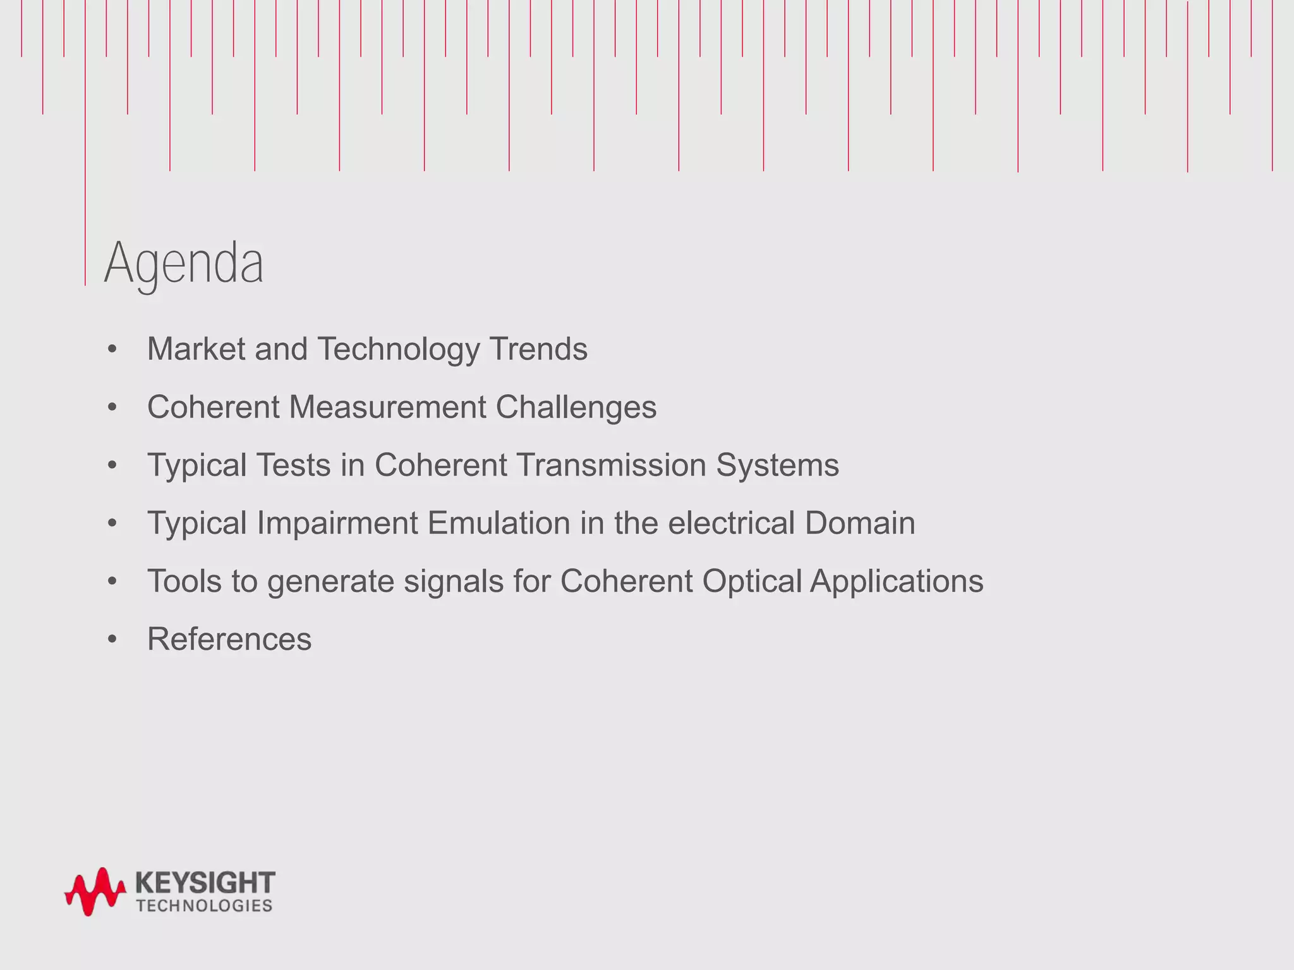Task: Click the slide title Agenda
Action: tap(184, 263)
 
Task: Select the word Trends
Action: tap(538, 349)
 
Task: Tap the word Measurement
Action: tap(387, 407)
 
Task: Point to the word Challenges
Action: tap(576, 408)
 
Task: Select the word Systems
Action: tap(777, 466)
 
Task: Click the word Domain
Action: tap(859, 523)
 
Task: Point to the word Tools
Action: tap(184, 581)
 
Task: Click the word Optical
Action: tap(751, 582)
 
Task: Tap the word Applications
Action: tap(897, 582)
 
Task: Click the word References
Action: tap(229, 639)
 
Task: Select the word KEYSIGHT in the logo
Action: tap(205, 882)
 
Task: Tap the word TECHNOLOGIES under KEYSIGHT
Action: tap(204, 906)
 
